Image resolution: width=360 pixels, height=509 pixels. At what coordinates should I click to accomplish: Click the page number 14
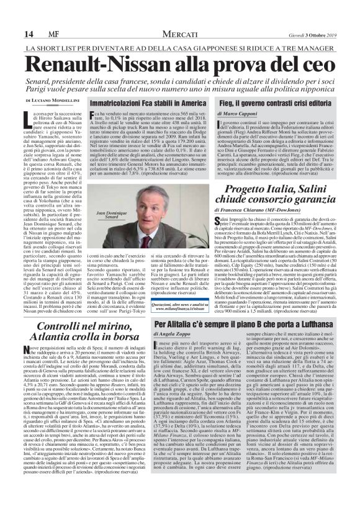coord(12,16)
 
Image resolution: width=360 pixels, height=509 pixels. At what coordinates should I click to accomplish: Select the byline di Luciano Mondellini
coord(48,101)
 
